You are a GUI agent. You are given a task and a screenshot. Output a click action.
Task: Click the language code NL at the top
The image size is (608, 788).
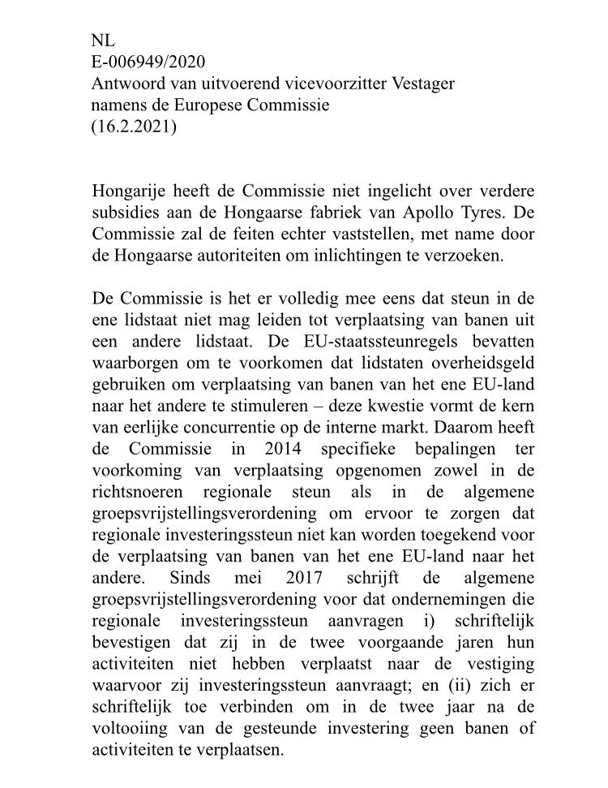(103, 41)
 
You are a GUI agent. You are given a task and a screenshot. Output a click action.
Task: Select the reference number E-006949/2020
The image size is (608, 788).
(148, 62)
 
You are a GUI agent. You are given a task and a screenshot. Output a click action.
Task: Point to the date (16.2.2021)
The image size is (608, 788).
(134, 127)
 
